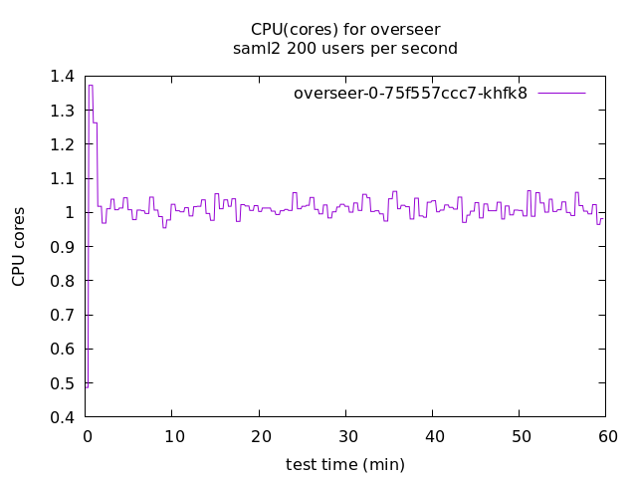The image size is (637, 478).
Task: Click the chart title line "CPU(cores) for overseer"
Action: tap(344, 29)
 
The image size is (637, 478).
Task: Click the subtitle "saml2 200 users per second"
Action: tap(344, 48)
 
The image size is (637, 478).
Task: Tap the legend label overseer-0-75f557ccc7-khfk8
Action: tap(410, 93)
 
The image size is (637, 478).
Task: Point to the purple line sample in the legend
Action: tap(561, 93)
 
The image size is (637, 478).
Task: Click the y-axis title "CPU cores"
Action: tap(19, 247)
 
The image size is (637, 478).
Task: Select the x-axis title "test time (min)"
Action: tap(344, 464)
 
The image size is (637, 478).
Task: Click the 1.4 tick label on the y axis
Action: tap(62, 76)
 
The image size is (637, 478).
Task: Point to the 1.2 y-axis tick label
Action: tap(62, 144)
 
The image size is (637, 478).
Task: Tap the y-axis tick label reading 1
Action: tap(70, 212)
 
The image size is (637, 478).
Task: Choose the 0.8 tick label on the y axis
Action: tap(62, 281)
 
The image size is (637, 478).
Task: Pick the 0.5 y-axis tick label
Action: tap(62, 383)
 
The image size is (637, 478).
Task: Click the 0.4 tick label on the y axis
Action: tap(62, 417)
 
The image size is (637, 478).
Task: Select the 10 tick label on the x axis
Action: tap(172, 436)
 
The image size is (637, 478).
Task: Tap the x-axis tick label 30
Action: tap(345, 436)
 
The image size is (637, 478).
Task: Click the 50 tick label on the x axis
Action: tap(520, 436)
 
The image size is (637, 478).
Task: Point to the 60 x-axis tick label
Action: tap(606, 436)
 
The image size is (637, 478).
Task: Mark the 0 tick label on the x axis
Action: tap(86, 436)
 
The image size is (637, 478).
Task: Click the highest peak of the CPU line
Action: tap(91, 86)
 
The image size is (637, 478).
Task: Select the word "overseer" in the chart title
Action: tap(408, 29)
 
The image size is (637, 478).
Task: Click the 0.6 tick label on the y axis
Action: tap(62, 350)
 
